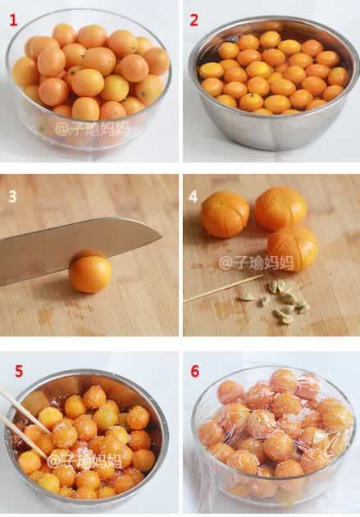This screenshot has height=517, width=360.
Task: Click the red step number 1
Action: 13,21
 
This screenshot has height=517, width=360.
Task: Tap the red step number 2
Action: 194,21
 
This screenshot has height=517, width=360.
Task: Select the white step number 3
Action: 12,197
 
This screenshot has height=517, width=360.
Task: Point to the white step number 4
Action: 193,197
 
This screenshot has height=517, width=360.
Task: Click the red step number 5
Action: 19,371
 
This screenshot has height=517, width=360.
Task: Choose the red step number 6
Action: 195,371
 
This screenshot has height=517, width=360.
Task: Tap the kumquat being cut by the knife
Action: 90,272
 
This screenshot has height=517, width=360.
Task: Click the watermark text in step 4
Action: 257,263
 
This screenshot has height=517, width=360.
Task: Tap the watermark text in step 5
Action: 84,460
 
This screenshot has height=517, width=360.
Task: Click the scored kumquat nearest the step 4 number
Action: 225,214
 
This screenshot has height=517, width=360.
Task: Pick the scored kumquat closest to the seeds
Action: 293,249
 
